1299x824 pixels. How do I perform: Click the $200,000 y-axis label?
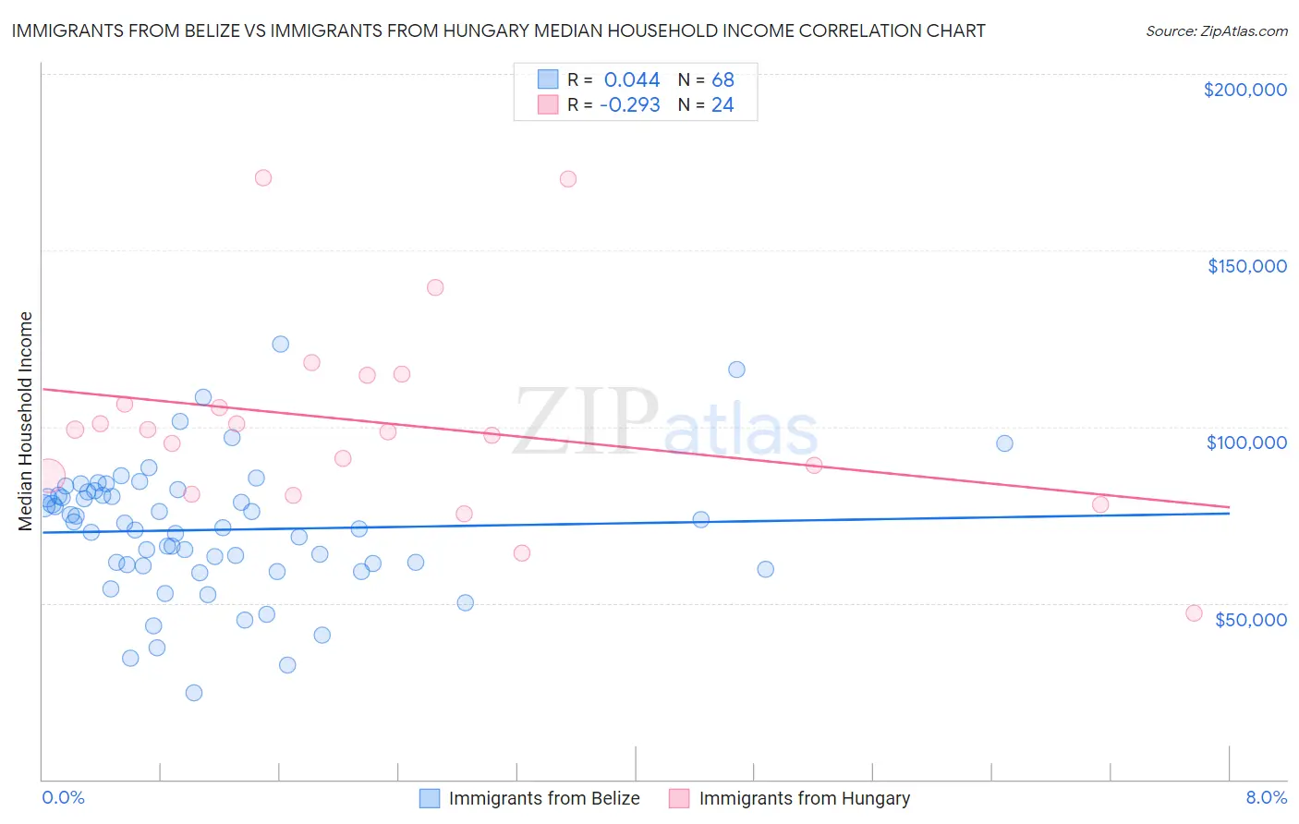click(x=1244, y=90)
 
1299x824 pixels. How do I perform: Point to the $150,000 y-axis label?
click(x=1246, y=266)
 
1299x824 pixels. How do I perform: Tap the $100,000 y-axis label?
click(x=1246, y=442)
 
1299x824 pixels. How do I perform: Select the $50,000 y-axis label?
click(x=1250, y=619)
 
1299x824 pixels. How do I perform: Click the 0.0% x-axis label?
click(x=63, y=797)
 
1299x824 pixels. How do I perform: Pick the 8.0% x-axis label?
click(x=1266, y=797)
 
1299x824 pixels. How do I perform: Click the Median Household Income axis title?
click(x=26, y=421)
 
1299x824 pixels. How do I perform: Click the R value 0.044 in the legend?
click(x=632, y=79)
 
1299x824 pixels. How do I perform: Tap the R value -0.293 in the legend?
click(x=629, y=104)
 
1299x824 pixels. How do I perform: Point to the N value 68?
click(x=722, y=79)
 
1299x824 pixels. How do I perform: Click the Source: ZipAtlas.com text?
click(x=1216, y=30)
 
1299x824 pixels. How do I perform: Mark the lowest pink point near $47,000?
click(x=1194, y=613)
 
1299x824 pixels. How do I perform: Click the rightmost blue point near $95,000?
click(x=1004, y=443)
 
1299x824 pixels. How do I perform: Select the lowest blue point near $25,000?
click(x=194, y=693)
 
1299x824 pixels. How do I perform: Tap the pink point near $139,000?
click(x=435, y=287)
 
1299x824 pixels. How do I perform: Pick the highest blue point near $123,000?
click(x=281, y=344)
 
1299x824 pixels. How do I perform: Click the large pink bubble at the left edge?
click(x=48, y=475)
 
